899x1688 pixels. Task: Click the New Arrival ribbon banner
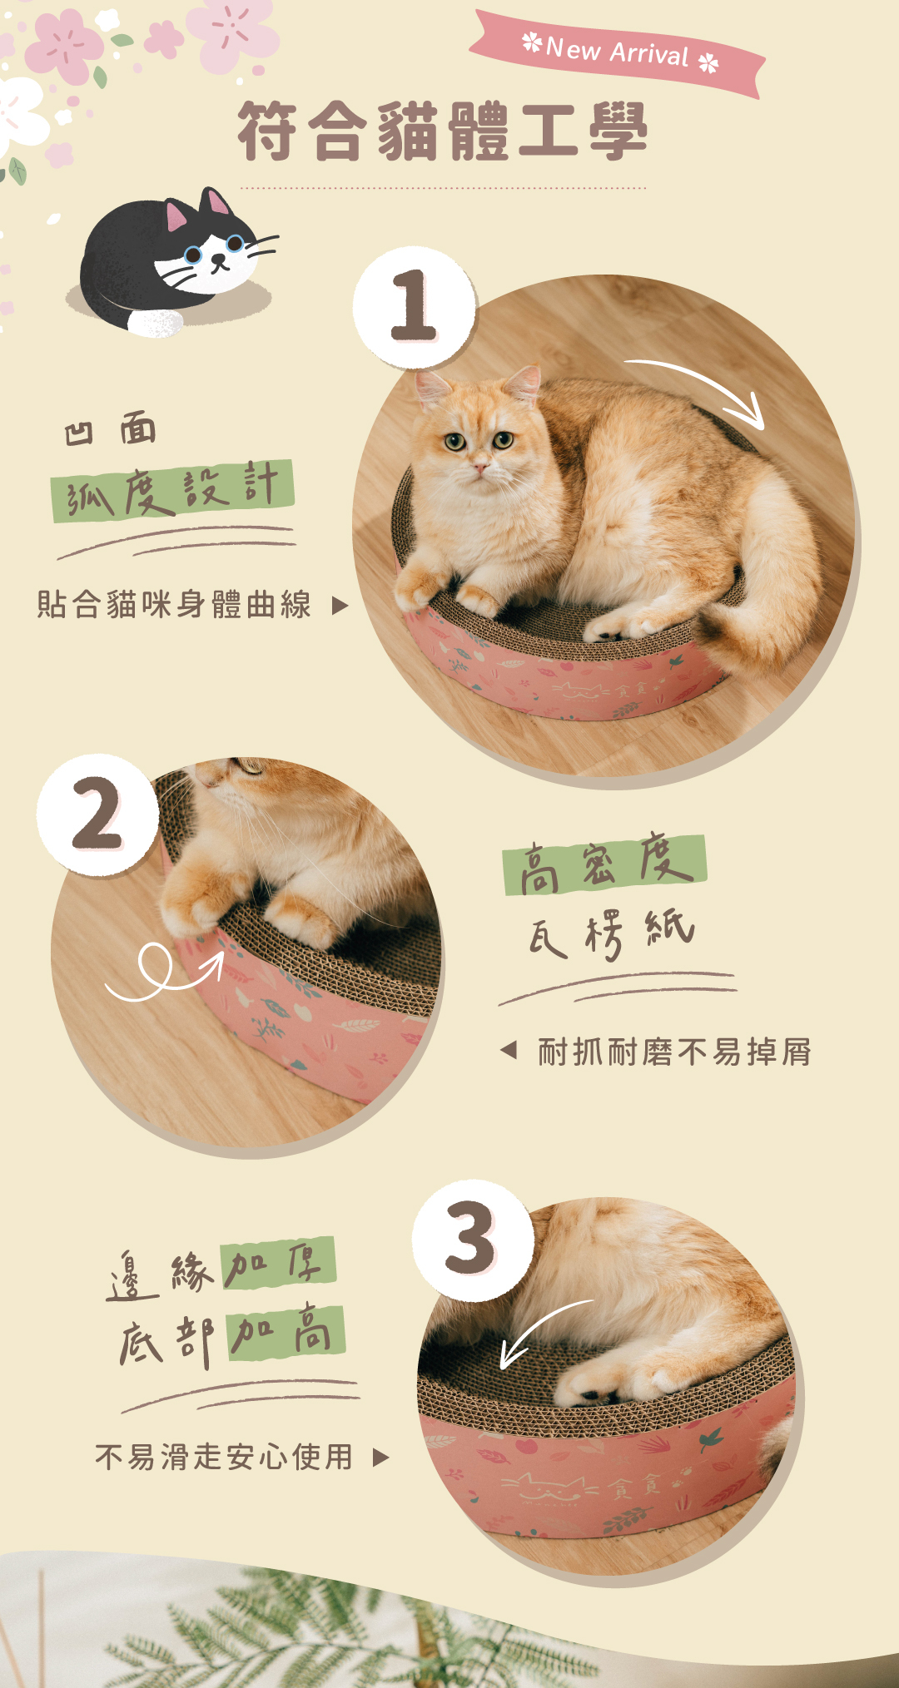(x=617, y=53)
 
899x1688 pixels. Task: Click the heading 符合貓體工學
(x=442, y=131)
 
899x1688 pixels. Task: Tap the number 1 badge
(x=414, y=307)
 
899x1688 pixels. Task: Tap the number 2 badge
(x=97, y=815)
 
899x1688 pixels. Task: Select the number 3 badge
(x=472, y=1240)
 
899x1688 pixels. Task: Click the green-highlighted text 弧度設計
(x=172, y=490)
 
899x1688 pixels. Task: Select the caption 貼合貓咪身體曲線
(x=175, y=605)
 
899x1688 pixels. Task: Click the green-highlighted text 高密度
(x=604, y=864)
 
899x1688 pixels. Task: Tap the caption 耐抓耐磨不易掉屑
(x=674, y=1052)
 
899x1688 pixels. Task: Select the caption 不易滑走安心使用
(x=224, y=1457)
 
